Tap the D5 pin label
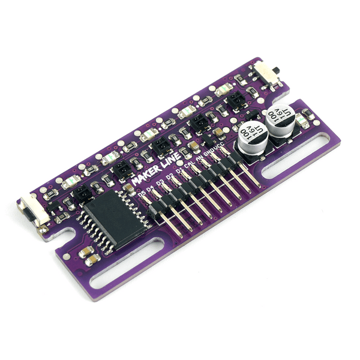pos(142,193)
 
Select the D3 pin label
pos(160,182)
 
